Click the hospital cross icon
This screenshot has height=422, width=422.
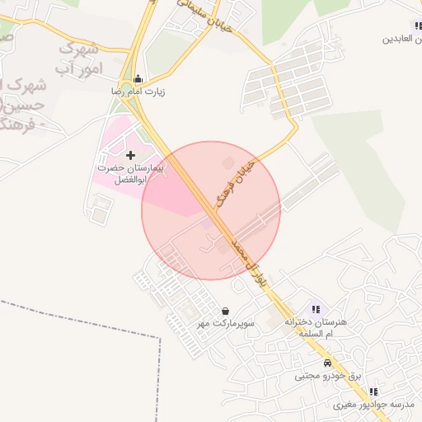click(130, 155)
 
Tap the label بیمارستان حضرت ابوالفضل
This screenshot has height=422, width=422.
click(131, 172)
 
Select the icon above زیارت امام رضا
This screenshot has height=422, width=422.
click(148, 80)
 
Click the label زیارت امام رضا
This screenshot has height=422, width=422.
click(138, 92)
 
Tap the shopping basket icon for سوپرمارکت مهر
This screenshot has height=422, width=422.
click(226, 312)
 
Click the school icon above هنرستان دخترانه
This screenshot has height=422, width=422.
click(316, 309)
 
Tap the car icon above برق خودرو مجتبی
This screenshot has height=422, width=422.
click(327, 363)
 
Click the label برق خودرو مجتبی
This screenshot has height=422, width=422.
click(328, 376)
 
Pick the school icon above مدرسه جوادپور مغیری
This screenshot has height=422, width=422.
click(373, 392)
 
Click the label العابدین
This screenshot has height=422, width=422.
click(401, 39)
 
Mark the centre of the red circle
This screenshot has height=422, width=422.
click(211, 210)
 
